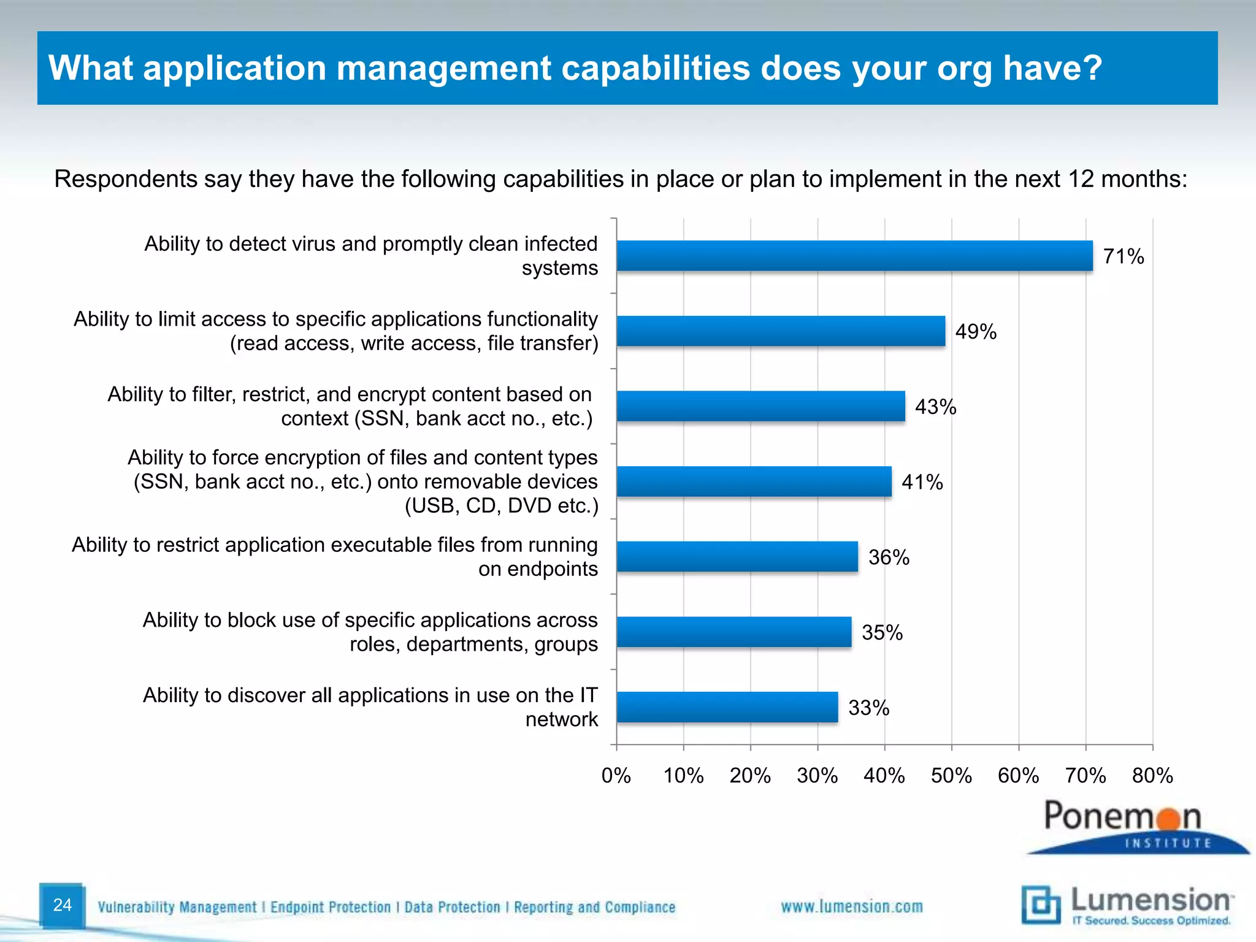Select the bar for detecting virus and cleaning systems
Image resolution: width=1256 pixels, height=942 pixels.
tap(854, 256)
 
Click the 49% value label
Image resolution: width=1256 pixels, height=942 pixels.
tap(976, 332)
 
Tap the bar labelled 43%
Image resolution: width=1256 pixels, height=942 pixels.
tap(760, 406)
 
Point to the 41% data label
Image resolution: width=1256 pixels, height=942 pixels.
tap(922, 482)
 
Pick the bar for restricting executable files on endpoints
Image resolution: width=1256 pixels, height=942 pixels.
tap(737, 557)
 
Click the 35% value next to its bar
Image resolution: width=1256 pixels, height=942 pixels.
tap(882, 632)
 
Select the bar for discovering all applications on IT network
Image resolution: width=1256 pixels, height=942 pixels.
tap(727, 707)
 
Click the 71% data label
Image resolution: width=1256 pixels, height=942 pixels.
tap(1123, 256)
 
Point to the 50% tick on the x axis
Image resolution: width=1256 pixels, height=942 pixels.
tap(951, 776)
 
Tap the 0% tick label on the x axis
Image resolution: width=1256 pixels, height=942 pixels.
tap(616, 776)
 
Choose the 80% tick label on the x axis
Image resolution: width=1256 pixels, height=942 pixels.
tap(1152, 776)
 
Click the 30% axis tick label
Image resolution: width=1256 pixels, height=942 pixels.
tap(817, 776)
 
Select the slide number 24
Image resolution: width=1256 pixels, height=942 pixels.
tap(62, 905)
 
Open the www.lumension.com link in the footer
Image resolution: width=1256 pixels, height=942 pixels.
tap(851, 906)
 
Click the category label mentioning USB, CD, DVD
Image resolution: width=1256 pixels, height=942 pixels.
tap(364, 481)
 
